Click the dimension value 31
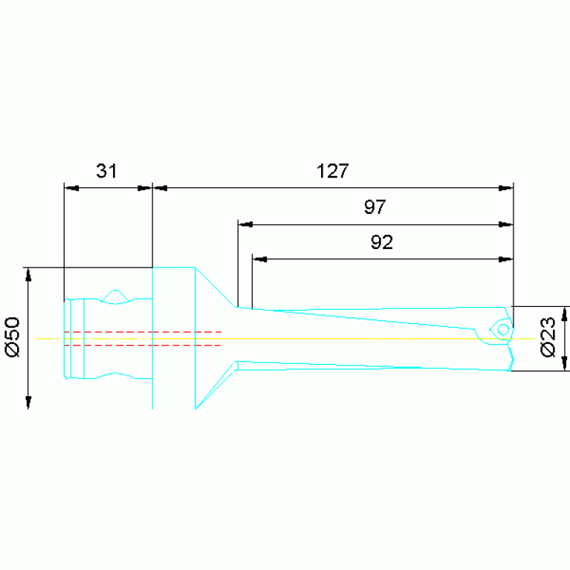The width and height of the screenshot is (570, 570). click(x=106, y=171)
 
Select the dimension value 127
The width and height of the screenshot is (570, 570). click(x=333, y=171)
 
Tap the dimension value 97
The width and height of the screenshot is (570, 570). click(x=375, y=207)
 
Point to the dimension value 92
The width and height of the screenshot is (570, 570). click(x=382, y=242)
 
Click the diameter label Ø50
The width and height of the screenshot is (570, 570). click(x=13, y=337)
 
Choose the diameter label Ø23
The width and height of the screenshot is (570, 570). click(x=548, y=337)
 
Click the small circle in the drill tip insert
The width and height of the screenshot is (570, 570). click(x=503, y=330)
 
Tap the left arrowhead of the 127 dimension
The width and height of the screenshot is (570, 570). click(x=161, y=188)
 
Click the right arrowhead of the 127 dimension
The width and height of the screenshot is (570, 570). click(x=505, y=188)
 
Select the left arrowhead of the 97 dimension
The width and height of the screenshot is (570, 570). click(x=246, y=224)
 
